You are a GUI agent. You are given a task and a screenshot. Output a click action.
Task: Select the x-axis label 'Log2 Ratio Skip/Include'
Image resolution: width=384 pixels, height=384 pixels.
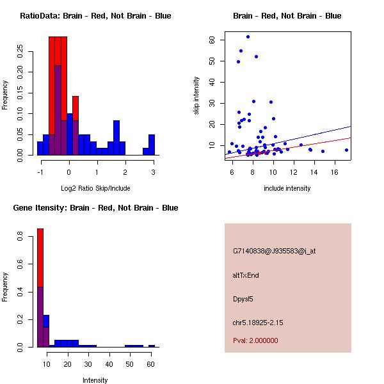click(x=95, y=188)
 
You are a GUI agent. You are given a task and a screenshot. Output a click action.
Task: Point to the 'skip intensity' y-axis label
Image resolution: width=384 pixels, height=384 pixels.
click(x=196, y=95)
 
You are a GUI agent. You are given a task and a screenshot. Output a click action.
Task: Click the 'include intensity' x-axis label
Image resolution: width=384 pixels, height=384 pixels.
click(x=287, y=188)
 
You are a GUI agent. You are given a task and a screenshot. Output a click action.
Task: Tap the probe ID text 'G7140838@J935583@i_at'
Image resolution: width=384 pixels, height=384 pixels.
click(x=275, y=251)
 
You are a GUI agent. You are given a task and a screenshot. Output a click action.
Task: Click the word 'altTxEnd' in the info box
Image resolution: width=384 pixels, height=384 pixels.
click(x=246, y=275)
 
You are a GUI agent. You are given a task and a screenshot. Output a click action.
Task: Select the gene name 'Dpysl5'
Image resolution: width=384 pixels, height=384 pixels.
click(x=243, y=299)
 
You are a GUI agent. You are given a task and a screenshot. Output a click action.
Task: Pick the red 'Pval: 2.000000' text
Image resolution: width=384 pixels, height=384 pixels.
click(x=255, y=340)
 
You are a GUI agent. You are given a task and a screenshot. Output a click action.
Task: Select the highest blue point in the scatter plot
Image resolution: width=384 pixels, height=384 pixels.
click(x=248, y=36)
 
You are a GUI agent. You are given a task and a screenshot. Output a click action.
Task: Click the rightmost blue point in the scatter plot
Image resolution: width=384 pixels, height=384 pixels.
click(x=346, y=150)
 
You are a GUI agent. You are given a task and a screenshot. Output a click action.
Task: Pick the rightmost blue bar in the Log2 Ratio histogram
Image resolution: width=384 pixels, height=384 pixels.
click(x=152, y=145)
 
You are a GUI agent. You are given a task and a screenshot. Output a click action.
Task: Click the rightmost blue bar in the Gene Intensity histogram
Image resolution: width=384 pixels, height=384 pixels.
click(x=152, y=346)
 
